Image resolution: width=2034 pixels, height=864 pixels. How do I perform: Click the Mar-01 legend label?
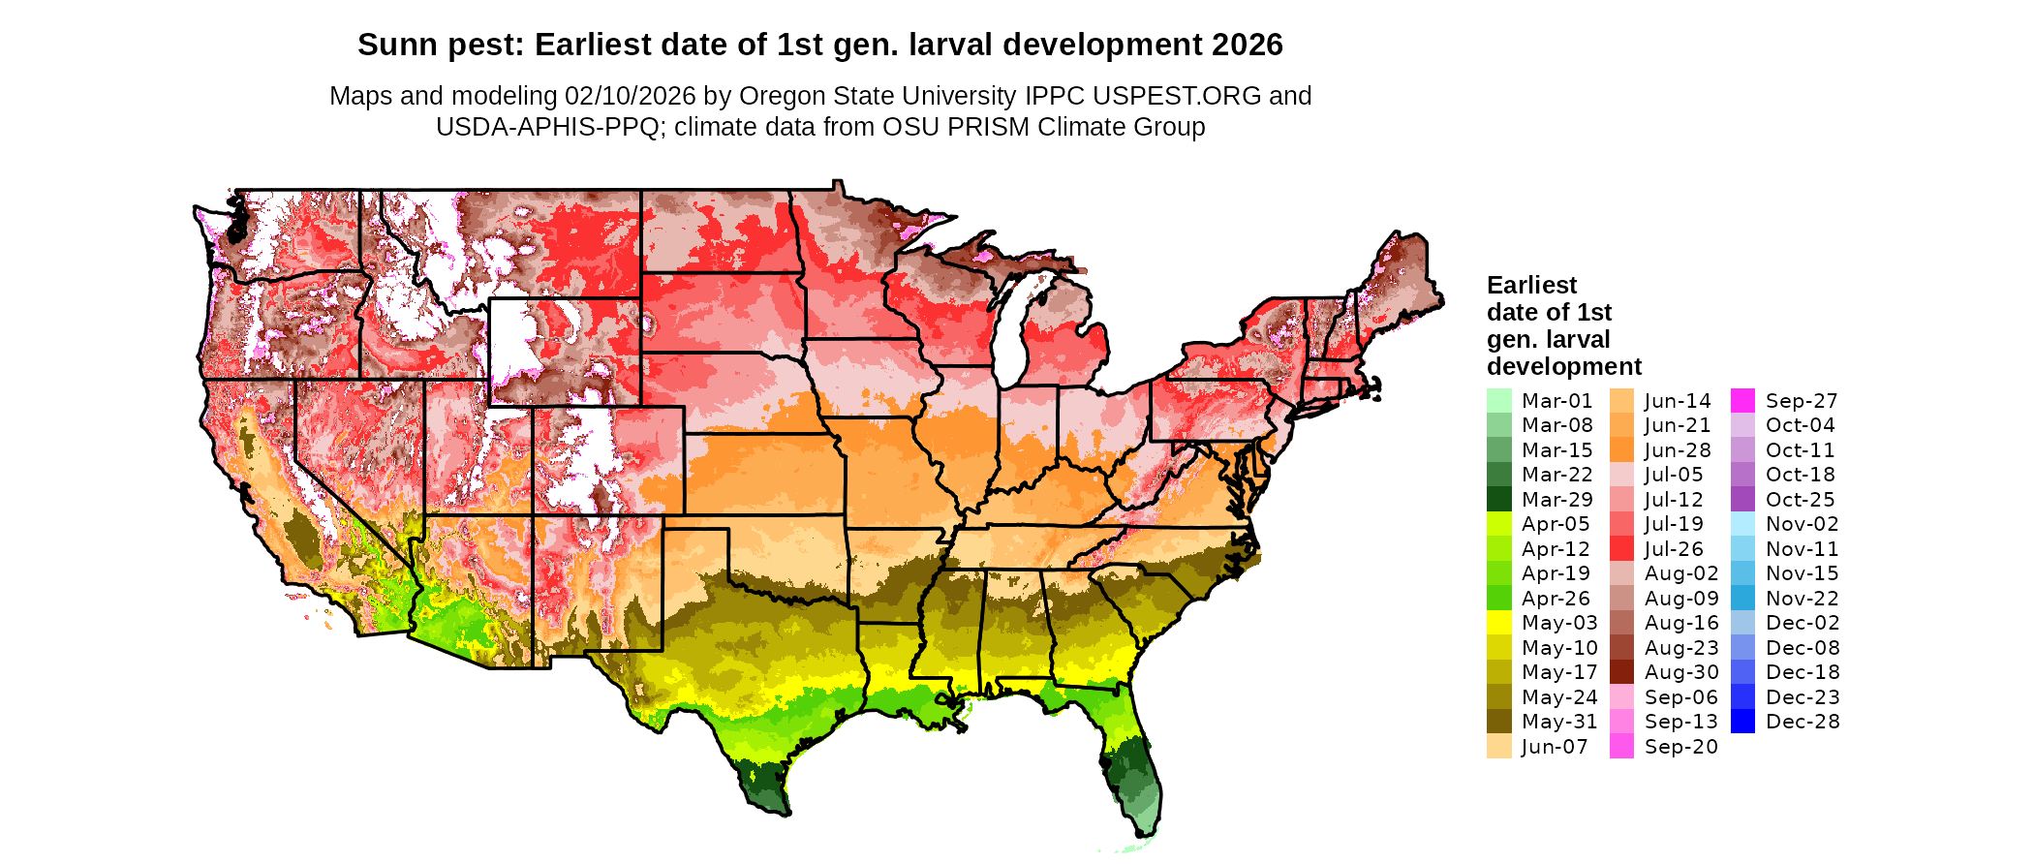(1556, 401)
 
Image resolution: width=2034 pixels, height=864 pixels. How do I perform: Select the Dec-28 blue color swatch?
(1742, 722)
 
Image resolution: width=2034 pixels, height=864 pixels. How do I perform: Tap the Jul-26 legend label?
(1675, 549)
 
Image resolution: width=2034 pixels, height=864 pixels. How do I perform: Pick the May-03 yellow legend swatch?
(1499, 623)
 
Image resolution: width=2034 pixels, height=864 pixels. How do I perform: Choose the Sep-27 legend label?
(1802, 401)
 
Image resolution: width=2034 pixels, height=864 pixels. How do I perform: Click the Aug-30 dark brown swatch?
(1621, 672)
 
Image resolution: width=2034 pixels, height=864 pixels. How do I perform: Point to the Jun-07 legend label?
(1555, 747)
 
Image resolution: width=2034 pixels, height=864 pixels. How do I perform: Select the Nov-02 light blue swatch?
(1742, 524)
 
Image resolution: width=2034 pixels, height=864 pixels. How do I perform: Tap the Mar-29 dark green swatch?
(1499, 500)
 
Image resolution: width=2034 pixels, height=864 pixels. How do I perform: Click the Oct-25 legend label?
(1801, 500)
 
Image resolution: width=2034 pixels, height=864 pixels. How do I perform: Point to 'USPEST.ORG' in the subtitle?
(1177, 96)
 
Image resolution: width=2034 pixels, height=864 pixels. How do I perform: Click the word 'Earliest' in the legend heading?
(1531, 286)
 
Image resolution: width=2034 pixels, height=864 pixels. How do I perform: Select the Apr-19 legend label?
(1556, 573)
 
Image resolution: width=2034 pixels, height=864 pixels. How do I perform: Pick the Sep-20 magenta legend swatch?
(1621, 747)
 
